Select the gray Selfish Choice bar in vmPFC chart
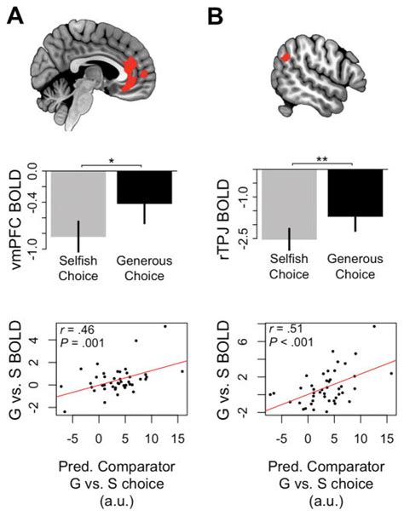coord(78,204)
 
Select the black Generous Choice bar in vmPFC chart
coord(144,186)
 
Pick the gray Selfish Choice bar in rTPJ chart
coord(289,204)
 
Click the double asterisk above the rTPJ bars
coord(323,158)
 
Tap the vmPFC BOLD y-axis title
coord(15,205)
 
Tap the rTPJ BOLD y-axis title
coord(224,204)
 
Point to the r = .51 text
coord(282,327)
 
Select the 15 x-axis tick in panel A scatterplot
coord(177,437)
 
